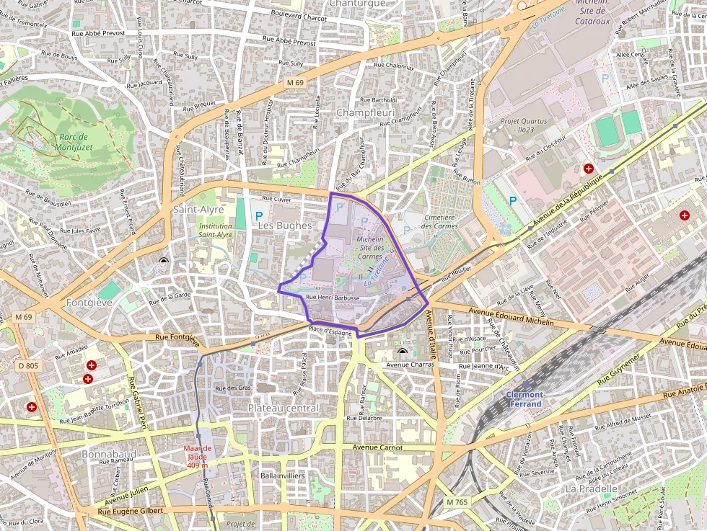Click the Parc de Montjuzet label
pos(74,142)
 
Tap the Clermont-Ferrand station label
pos(525,399)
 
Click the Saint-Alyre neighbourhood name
pos(198,209)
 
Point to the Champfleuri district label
pos(364,112)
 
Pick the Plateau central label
pos(283,408)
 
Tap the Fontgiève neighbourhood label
pos(89,303)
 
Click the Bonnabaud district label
pos(108,455)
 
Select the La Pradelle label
pos(592,488)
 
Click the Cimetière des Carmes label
pos(440,221)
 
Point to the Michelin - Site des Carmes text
pos(370,247)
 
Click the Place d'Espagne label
pos(330,331)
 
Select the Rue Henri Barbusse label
pos(333,297)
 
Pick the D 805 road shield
pos(28,366)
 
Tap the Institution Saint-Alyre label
pos(216,230)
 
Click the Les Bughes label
pos(285,226)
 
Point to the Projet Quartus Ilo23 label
pos(524,126)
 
